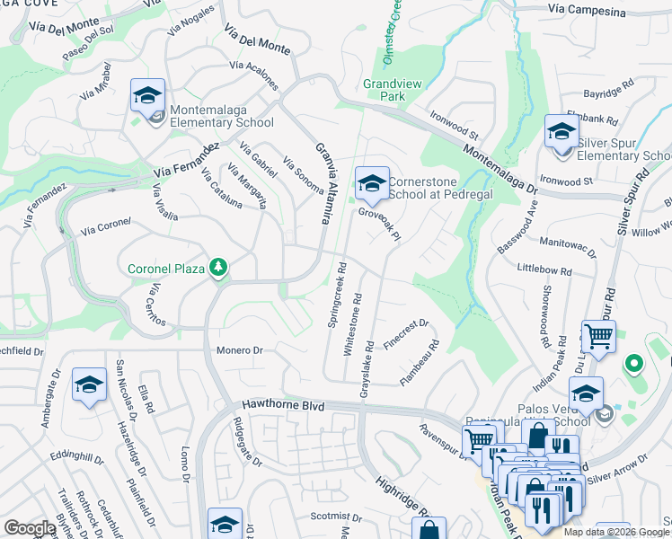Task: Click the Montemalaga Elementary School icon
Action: pyautogui.click(x=148, y=94)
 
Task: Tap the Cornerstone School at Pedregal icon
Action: pyautogui.click(x=371, y=183)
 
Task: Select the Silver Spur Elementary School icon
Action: pyautogui.click(x=561, y=134)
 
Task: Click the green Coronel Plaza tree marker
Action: pyautogui.click(x=217, y=267)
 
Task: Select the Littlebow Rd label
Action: pyautogui.click(x=545, y=269)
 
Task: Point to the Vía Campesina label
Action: pyautogui.click(x=579, y=9)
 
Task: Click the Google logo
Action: pyautogui.click(x=30, y=528)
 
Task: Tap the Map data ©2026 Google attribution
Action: pyautogui.click(x=616, y=532)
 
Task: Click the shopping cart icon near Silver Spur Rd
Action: pyautogui.click(x=597, y=338)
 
